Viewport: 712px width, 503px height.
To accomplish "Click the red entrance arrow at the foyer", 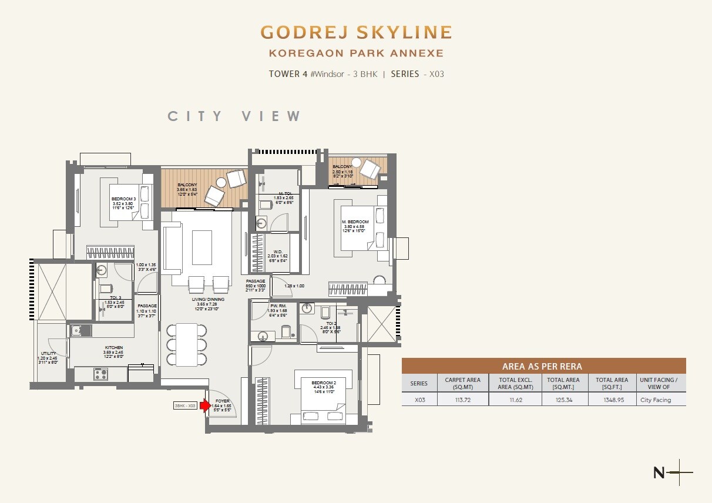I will [206, 405].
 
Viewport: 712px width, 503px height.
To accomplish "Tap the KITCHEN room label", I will [114, 348].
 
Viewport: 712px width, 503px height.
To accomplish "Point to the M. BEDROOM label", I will [355, 222].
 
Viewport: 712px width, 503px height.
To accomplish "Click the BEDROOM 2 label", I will [310, 383].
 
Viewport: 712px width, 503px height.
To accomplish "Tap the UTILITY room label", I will [49, 353].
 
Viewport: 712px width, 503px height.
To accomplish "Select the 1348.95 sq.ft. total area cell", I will [612, 400].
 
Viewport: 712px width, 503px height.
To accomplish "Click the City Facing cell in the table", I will [655, 400].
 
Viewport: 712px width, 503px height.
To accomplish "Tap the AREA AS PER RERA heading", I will [542, 366].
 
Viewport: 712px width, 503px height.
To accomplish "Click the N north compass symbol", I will [659, 472].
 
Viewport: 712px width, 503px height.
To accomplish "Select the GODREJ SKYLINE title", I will [356, 32].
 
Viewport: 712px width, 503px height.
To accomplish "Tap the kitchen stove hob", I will [100, 373].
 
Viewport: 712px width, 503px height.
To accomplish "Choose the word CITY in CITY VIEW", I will [196, 116].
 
